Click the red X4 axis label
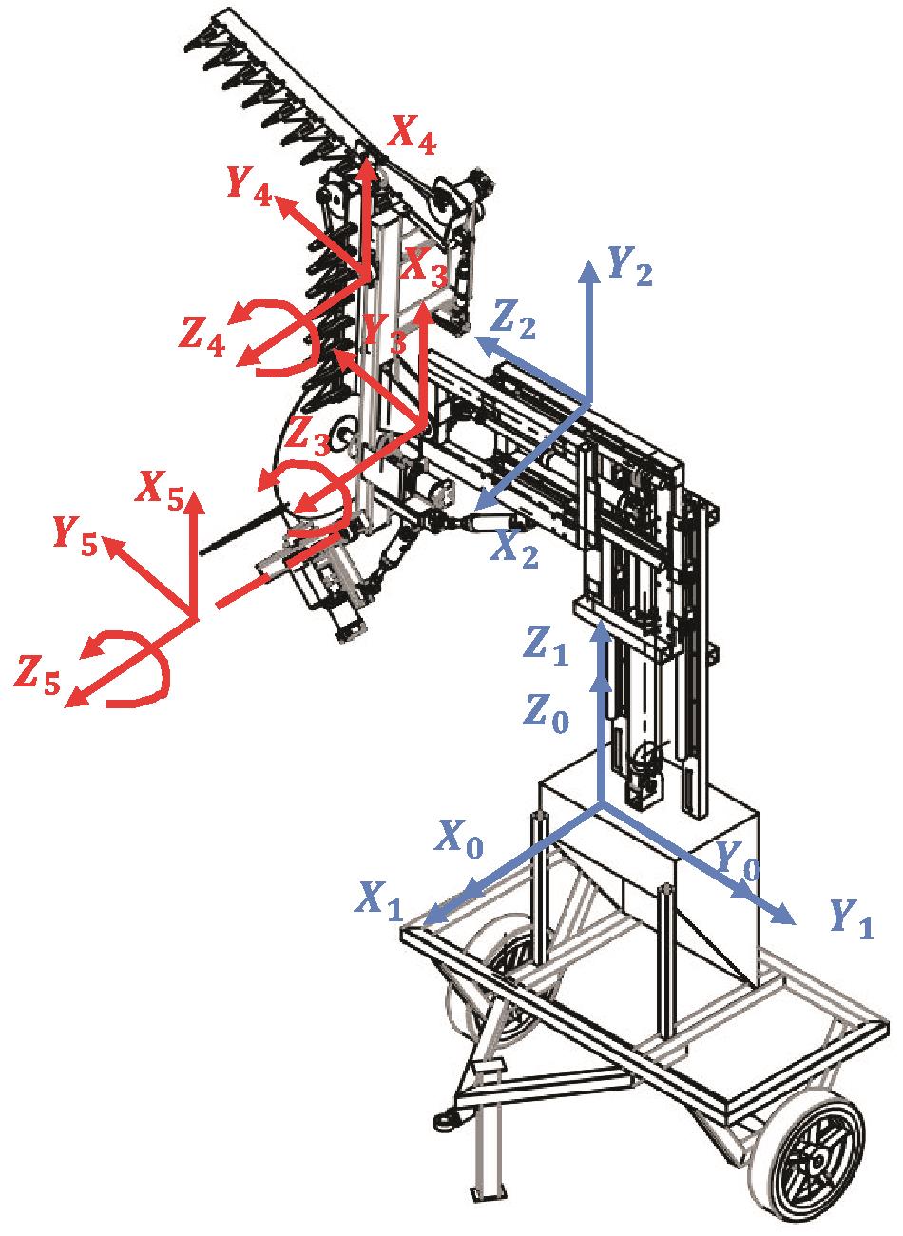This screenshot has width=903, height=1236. pos(412,135)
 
